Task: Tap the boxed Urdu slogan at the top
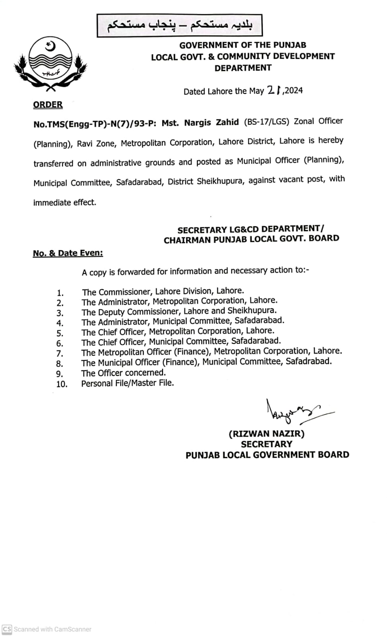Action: [x=179, y=25]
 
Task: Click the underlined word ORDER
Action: [x=48, y=105]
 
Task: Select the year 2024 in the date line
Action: [x=294, y=90]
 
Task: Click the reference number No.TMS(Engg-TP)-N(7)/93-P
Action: [x=95, y=124]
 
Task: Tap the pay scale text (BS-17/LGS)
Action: [x=266, y=121]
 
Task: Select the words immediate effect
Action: [x=65, y=202]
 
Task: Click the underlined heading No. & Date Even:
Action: [x=68, y=253]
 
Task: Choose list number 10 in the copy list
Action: [x=62, y=384]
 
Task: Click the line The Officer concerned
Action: [x=123, y=373]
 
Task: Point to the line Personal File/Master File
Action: [x=127, y=383]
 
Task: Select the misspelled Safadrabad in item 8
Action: [x=308, y=361]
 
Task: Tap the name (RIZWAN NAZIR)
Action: [x=266, y=434]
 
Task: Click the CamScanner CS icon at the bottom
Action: [x=7, y=629]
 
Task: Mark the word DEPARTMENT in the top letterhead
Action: [x=243, y=68]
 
